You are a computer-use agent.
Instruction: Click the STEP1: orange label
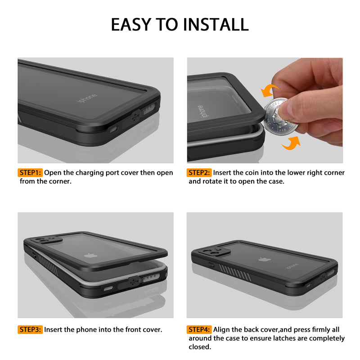click(x=30, y=173)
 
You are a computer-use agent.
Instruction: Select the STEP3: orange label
click(x=30, y=329)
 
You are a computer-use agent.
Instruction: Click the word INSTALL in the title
click(x=212, y=24)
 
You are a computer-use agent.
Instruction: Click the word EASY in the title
click(x=130, y=24)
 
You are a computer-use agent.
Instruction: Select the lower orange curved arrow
click(x=292, y=144)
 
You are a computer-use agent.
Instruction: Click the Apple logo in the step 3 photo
click(x=90, y=255)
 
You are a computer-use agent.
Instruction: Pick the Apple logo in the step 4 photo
click(x=262, y=260)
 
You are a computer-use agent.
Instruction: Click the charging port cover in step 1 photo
click(x=136, y=117)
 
